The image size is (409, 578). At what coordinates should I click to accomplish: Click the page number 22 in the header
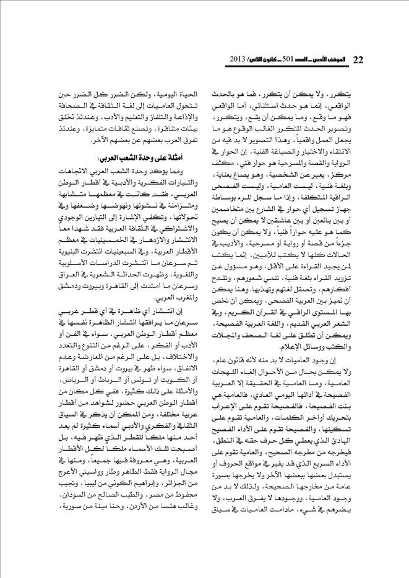357,59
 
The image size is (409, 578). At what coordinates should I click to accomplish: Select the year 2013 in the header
239,59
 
